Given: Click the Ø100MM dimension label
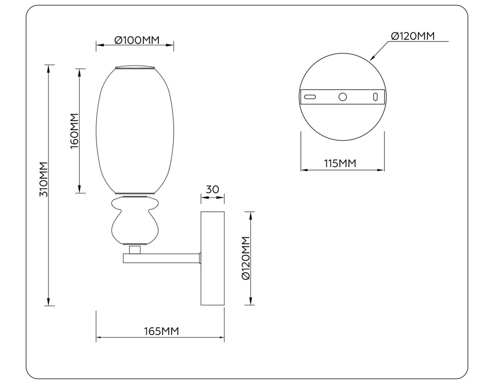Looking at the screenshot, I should tap(135, 40).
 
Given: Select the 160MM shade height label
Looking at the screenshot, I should tap(75, 131).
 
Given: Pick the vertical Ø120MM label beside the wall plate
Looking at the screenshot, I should tap(246, 258).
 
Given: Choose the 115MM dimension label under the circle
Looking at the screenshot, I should tap(340, 163).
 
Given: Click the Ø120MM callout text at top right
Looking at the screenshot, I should tap(412, 36).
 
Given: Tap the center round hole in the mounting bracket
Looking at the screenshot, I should tap(342, 97).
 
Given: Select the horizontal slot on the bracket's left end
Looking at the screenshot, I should tap(310, 97).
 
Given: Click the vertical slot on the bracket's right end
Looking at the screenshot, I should tap(375, 97).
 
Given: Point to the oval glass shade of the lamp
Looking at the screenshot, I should tap(135, 130).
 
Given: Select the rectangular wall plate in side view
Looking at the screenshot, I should tap(212, 258).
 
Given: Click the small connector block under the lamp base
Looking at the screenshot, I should tap(135, 249).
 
